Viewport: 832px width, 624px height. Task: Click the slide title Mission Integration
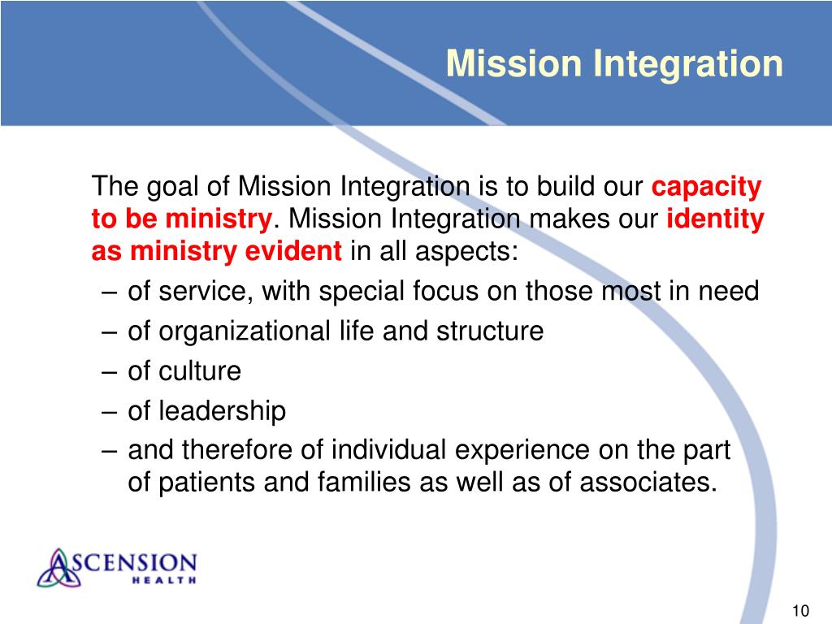614,63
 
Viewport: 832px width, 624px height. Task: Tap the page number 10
799,611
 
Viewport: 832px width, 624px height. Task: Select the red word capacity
707,188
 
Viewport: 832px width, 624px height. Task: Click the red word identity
715,219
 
